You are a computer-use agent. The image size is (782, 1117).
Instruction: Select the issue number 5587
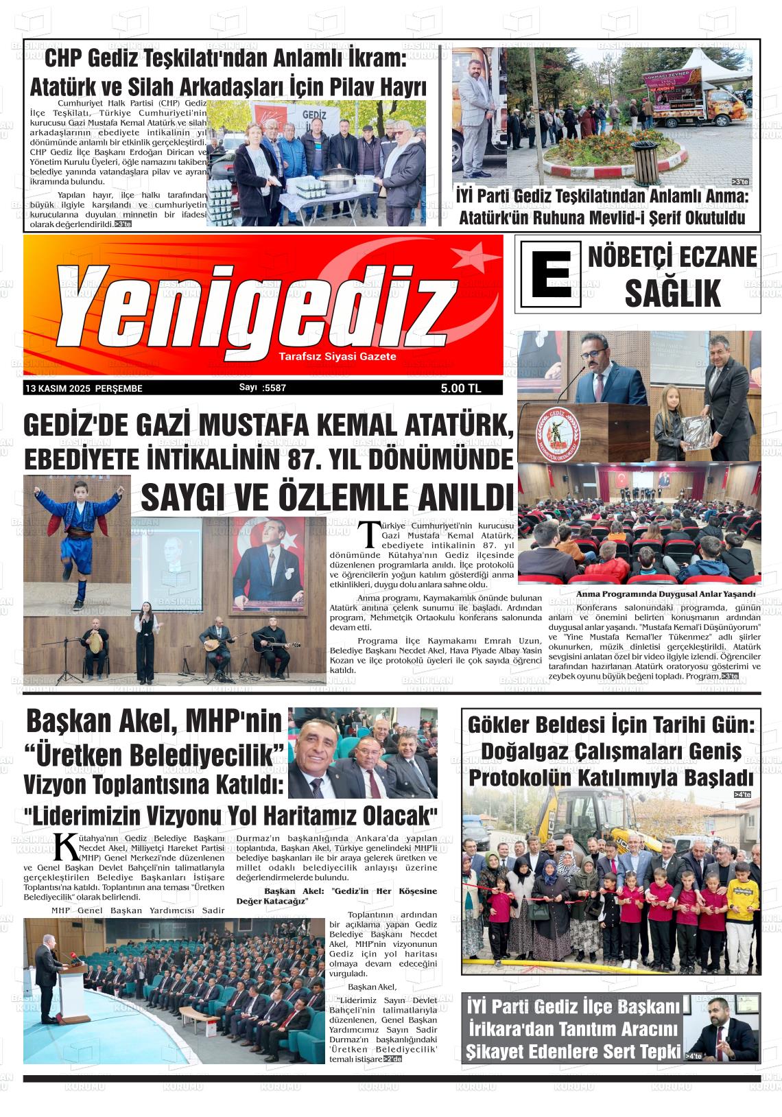pos(274,388)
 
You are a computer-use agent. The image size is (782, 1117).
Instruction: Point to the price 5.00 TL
pos(461,388)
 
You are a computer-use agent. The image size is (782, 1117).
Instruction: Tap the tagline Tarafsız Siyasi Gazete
pos(337,357)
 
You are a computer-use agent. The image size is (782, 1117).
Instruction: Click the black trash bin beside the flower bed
pos(644,163)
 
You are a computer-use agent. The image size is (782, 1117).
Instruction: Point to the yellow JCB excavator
pos(590,816)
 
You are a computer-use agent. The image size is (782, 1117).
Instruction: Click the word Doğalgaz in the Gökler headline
pos(523,751)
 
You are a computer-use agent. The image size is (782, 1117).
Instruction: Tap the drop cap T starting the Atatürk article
pos(368,534)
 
